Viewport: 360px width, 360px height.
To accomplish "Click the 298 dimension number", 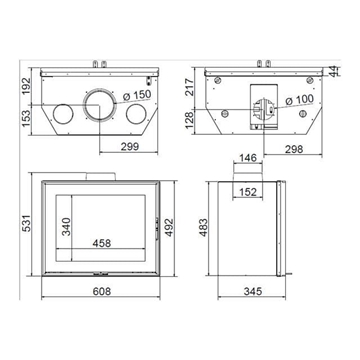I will pos(294,148).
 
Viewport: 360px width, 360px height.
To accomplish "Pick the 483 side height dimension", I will pos(202,227).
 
